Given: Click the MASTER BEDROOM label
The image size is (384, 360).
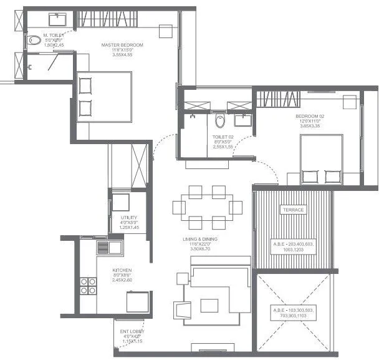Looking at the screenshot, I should [123, 45].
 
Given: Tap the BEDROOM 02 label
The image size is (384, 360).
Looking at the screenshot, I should [309, 115].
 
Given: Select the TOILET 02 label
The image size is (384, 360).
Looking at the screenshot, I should [223, 137].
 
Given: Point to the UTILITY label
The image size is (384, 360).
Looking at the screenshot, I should [129, 217].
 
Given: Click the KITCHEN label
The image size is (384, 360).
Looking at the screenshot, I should [122, 270].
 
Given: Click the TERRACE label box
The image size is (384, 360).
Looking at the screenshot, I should [292, 210].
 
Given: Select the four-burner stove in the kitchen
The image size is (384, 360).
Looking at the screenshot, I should [88, 286].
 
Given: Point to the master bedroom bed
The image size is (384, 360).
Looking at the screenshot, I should [104, 97].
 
